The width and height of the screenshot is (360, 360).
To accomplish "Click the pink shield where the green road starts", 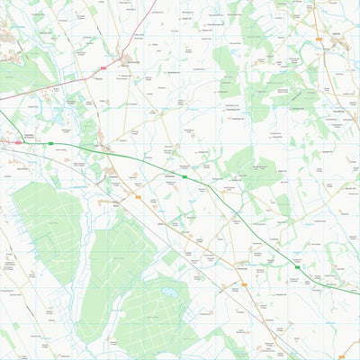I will point(17,142).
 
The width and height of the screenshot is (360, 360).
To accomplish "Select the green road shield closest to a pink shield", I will point(50,144).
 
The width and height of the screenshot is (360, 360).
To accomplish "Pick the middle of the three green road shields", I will point(184,176).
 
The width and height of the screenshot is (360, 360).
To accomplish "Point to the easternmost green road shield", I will point(296,266).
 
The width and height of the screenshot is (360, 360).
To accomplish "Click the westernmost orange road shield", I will point(138,195).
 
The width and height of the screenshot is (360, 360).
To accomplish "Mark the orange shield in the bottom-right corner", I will point(340,356).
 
